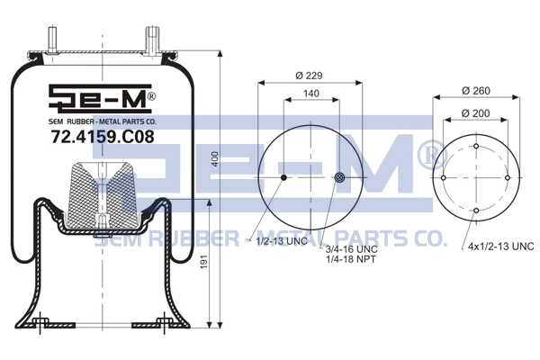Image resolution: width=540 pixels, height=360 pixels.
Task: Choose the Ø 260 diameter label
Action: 475,91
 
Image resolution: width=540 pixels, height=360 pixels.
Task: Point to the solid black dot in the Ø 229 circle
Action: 283,178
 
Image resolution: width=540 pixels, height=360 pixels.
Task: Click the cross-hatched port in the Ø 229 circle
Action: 339,178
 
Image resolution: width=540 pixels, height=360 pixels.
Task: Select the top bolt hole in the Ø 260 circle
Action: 475,146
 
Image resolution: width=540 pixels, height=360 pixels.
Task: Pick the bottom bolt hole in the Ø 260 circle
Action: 475,211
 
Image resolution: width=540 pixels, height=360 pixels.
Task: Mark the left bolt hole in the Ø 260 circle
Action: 444,178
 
